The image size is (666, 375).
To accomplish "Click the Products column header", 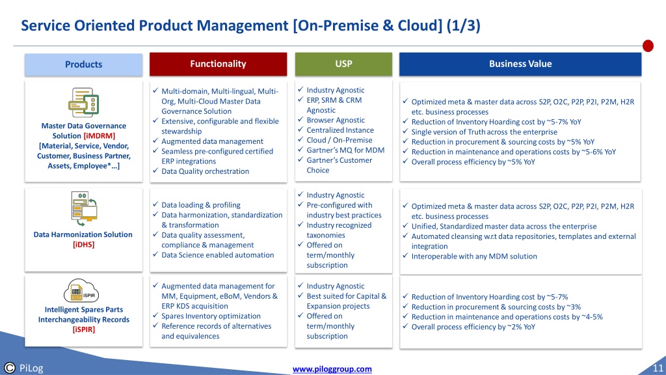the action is tap(83, 64).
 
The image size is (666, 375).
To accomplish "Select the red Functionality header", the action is tap(218, 64).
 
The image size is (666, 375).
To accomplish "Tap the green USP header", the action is tap(343, 64).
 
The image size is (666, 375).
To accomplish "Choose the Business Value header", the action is tap(520, 64).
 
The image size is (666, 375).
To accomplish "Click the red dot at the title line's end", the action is tap(648, 46).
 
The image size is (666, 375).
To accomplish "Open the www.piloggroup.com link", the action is tap(332, 369).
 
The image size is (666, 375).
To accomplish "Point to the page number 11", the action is tap(658, 368).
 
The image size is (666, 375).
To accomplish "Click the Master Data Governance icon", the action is tap(83, 102).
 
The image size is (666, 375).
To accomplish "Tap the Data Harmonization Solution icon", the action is tap(84, 208).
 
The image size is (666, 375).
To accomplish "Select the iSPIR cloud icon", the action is tap(81, 291).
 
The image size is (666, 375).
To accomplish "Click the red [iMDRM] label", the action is tap(100, 135).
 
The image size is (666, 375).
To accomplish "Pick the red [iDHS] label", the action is tap(84, 245).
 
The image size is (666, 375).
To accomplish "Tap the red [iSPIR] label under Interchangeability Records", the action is tap(84, 329).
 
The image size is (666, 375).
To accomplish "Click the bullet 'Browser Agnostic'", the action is tap(336, 120).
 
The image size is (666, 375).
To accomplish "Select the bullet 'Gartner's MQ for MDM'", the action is tap(345, 150).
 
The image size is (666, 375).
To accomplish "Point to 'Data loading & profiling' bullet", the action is tap(201, 205).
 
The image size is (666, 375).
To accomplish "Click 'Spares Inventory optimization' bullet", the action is tap(211, 316).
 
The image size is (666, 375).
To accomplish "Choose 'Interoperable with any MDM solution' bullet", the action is tap(474, 257).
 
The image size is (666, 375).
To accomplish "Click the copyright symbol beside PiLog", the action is tap(9, 368).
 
